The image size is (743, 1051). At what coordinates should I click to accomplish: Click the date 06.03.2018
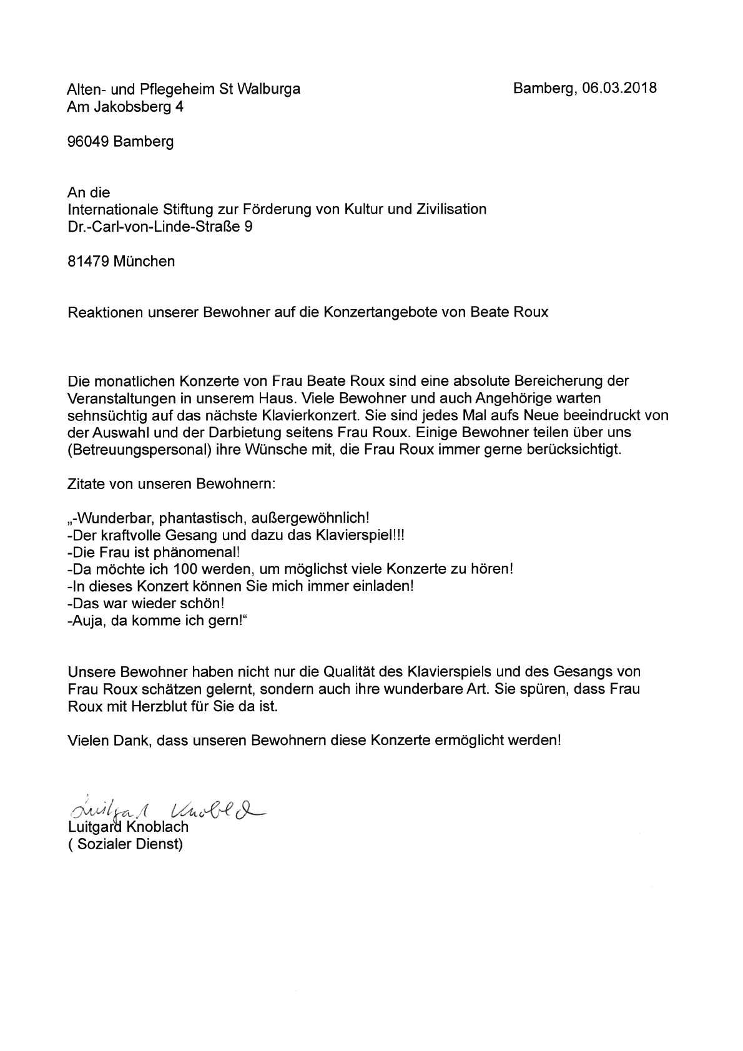619,88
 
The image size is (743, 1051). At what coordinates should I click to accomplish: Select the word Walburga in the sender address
273,89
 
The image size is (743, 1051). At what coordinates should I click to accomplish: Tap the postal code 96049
88,142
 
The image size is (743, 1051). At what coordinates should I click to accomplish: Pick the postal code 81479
88,261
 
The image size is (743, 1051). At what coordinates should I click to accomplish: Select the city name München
144,261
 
